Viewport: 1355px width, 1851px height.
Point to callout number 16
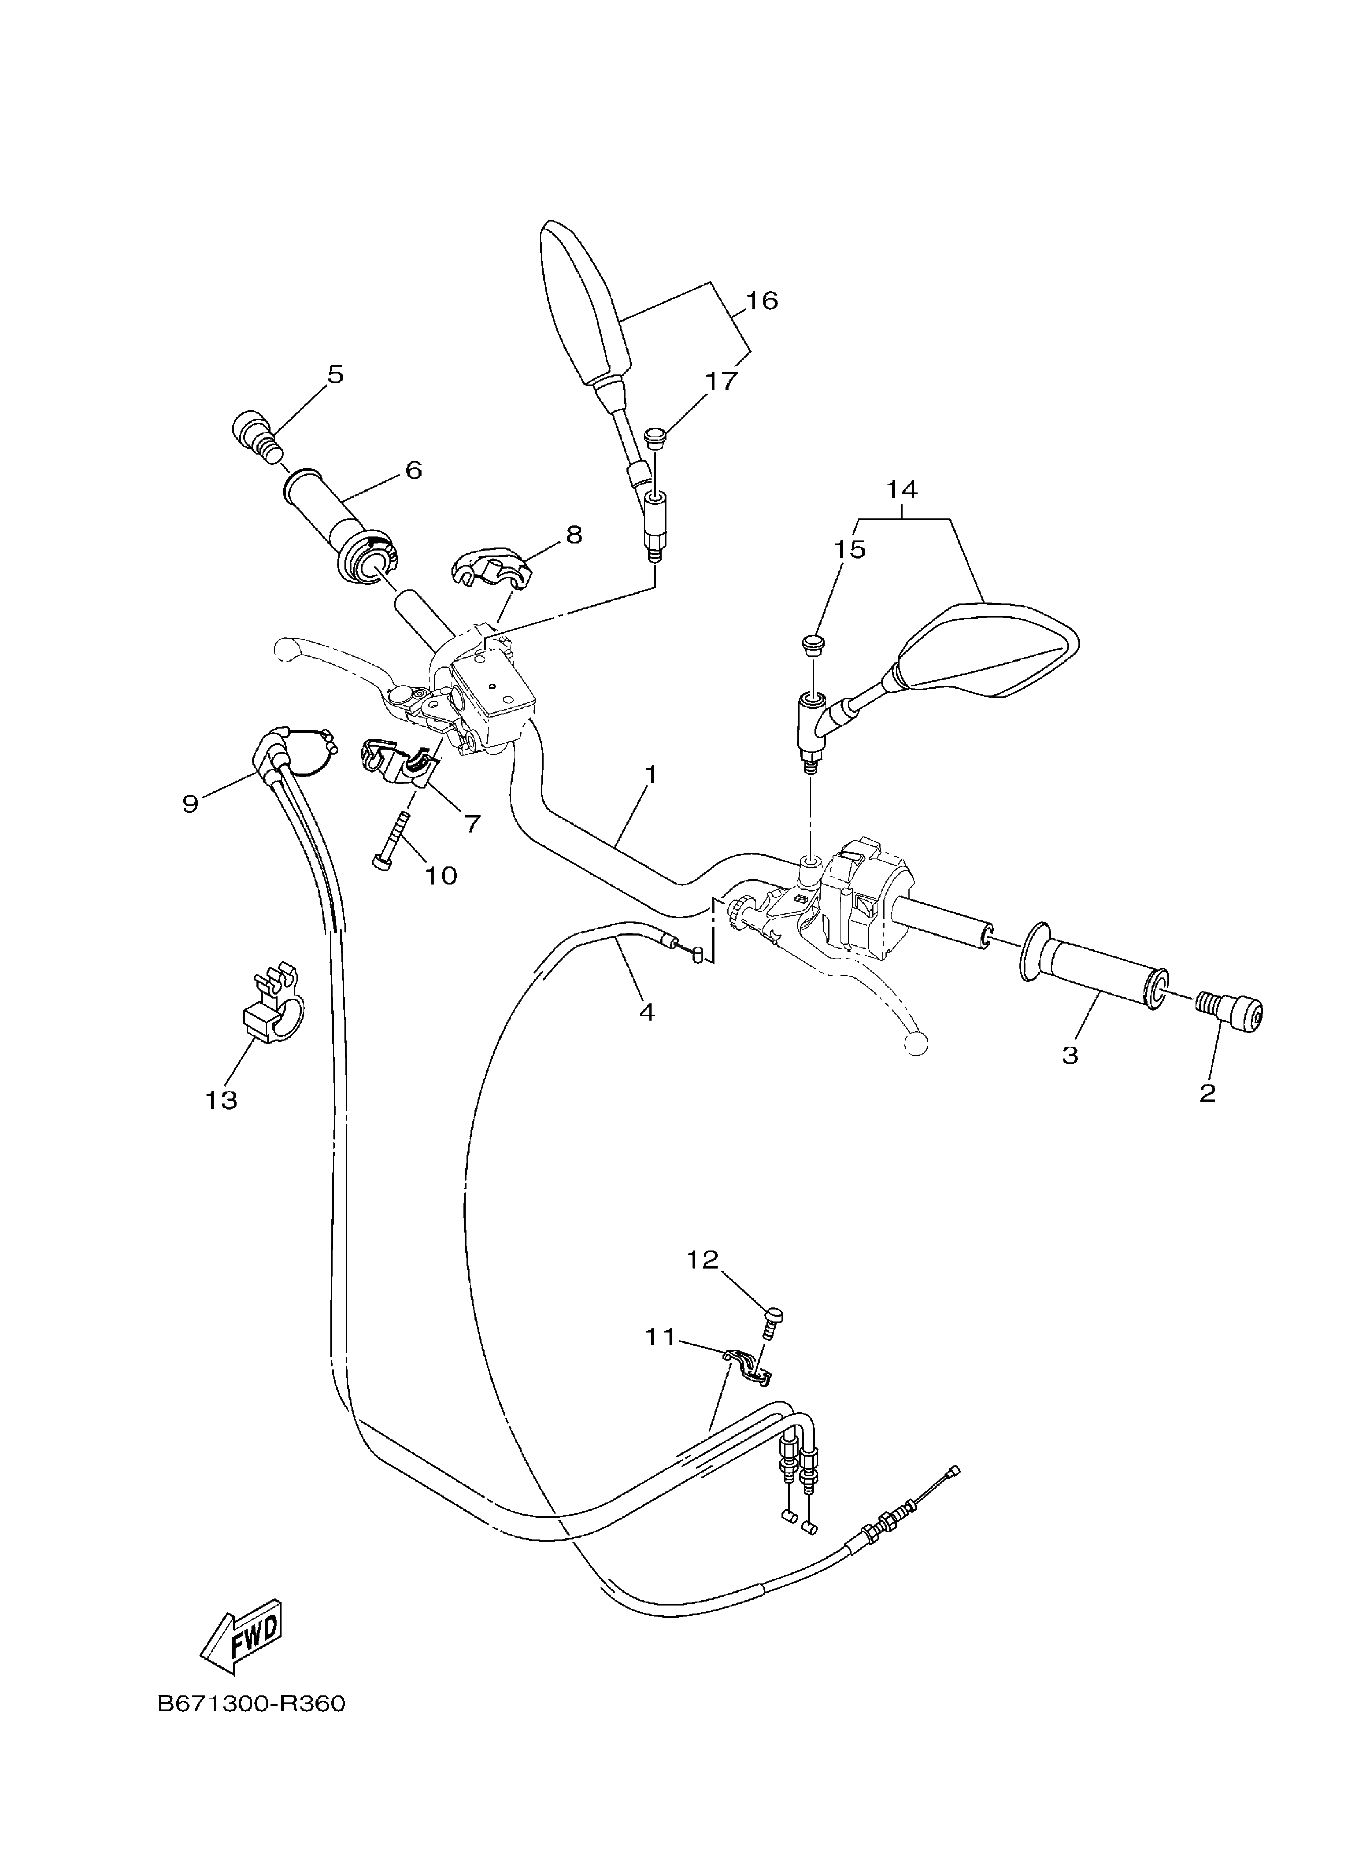point(762,301)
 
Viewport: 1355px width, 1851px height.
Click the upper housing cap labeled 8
point(490,567)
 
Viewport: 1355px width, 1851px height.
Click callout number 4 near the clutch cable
point(646,1013)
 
